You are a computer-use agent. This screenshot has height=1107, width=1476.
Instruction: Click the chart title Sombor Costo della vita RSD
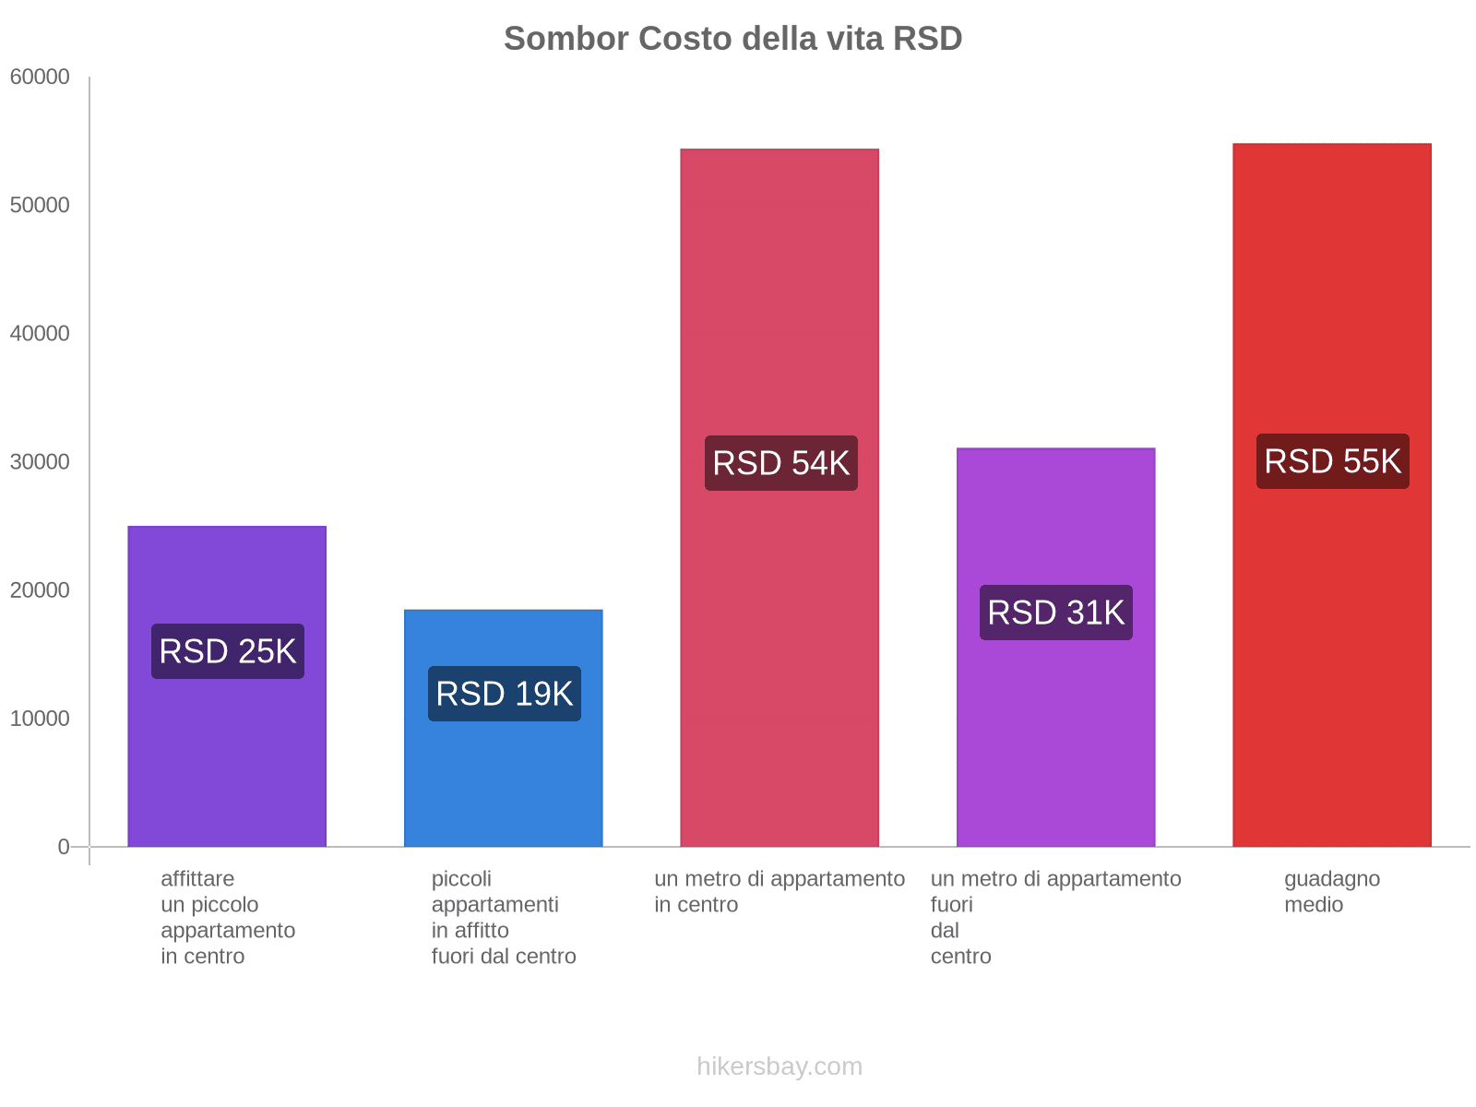pos(732,39)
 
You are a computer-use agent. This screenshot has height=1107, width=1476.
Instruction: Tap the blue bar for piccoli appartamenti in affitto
pos(504,784)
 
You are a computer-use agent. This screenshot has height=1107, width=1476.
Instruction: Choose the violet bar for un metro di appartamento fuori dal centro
pos(1055,738)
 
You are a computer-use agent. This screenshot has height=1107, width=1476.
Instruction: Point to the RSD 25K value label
pos(228,651)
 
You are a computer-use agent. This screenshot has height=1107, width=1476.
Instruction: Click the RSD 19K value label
pos(505,694)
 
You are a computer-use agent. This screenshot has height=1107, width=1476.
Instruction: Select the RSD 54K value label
pos(781,463)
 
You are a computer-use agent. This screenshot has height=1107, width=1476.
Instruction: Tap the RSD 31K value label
pos(1056,613)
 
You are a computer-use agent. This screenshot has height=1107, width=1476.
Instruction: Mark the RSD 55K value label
pos(1333,461)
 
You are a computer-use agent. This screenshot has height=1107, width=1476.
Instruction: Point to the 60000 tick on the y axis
pos(40,77)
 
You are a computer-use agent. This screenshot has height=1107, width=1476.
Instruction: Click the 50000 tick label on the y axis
pos(40,206)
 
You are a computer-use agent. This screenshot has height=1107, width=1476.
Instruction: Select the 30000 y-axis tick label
pos(40,462)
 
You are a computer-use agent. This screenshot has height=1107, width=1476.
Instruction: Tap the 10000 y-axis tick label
pos(40,719)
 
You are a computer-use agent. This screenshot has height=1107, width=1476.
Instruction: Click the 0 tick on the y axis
pos(64,847)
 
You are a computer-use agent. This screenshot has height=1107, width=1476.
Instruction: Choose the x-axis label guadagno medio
pos(1332,892)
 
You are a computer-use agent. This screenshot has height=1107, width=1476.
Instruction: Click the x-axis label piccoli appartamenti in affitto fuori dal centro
pos(504,918)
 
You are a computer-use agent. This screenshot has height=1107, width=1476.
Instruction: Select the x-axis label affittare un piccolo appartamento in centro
pos(228,918)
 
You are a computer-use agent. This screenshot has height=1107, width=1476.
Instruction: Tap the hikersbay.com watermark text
pos(780,1066)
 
